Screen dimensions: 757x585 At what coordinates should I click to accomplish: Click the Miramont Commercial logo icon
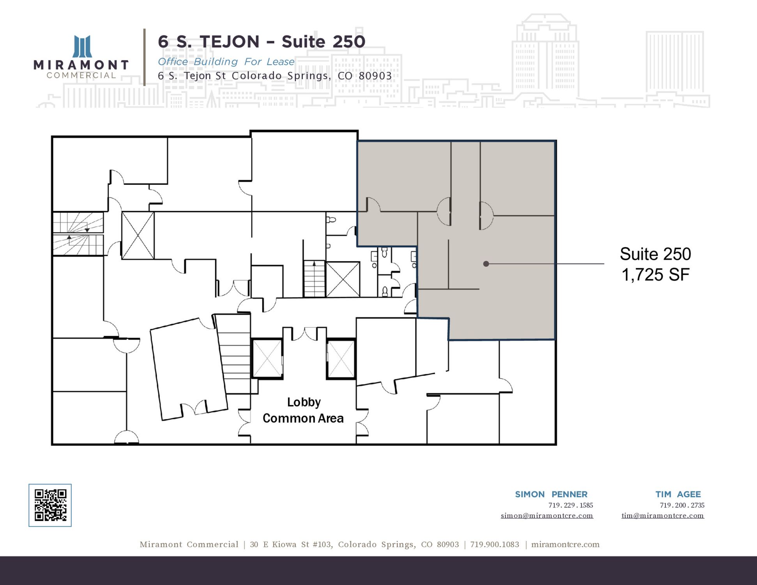pyautogui.click(x=83, y=46)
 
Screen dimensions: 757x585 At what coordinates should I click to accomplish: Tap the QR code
pyautogui.click(x=50, y=505)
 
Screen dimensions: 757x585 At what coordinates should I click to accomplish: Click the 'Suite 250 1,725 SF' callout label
pyautogui.click(x=655, y=264)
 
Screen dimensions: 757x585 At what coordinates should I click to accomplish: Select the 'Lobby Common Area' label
pyautogui.click(x=303, y=410)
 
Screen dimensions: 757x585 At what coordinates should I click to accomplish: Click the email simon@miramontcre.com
pyautogui.click(x=547, y=516)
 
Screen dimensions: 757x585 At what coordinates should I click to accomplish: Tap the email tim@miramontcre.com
pyautogui.click(x=663, y=516)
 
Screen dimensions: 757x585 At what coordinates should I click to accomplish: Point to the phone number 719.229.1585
pyautogui.click(x=571, y=505)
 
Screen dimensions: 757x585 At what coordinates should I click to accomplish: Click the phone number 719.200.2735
pyautogui.click(x=682, y=505)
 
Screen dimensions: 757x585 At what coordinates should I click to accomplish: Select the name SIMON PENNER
pyautogui.click(x=551, y=494)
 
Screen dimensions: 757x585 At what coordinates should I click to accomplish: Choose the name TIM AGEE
pyautogui.click(x=678, y=494)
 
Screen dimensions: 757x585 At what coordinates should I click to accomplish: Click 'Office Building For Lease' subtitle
pyautogui.click(x=226, y=62)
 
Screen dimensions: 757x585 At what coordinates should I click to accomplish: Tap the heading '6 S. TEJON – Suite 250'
pyautogui.click(x=262, y=42)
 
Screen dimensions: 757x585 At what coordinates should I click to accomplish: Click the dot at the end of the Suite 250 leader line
pyautogui.click(x=486, y=264)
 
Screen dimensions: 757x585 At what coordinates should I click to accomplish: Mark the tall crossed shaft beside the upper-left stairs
pyautogui.click(x=138, y=236)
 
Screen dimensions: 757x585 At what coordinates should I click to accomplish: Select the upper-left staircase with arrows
pyautogui.click(x=78, y=234)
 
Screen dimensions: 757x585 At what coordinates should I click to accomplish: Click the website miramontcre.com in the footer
pyautogui.click(x=565, y=544)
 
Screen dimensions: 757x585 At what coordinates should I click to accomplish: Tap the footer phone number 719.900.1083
pyautogui.click(x=495, y=544)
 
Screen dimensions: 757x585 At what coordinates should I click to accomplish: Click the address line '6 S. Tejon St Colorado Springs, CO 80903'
pyautogui.click(x=275, y=76)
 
